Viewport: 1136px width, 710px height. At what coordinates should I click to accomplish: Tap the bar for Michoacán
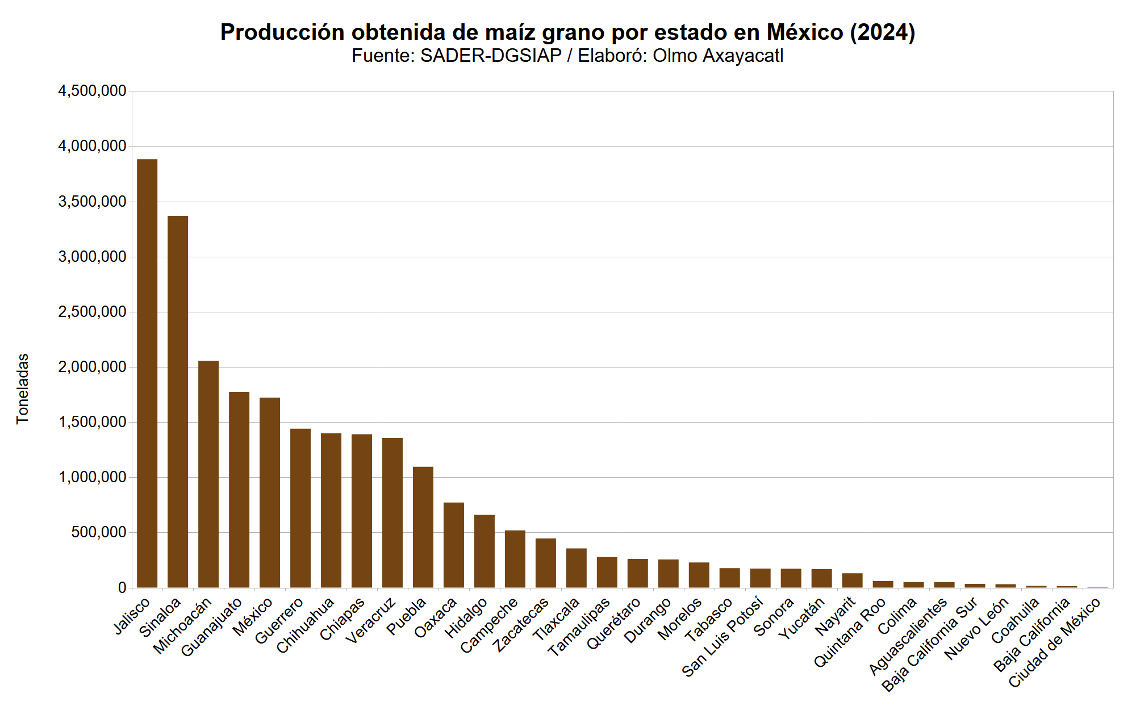[208, 474]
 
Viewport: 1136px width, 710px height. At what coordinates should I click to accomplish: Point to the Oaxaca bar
[454, 545]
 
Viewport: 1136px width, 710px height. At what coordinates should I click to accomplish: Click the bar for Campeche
[515, 559]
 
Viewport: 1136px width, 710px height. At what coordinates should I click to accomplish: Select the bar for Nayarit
[852, 580]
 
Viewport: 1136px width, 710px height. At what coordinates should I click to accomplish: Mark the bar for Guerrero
[300, 508]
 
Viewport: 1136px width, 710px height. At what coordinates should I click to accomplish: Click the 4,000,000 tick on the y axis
[92, 147]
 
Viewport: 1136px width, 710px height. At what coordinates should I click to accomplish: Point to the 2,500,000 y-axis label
[92, 312]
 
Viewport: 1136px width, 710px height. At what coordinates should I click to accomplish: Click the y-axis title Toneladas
[22, 389]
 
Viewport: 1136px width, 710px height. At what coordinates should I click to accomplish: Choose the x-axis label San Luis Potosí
[722, 636]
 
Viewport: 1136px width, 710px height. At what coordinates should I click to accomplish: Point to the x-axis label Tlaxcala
[557, 619]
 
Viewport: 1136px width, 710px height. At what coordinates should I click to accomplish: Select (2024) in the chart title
[882, 32]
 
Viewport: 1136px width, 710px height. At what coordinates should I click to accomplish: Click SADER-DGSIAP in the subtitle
[491, 56]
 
